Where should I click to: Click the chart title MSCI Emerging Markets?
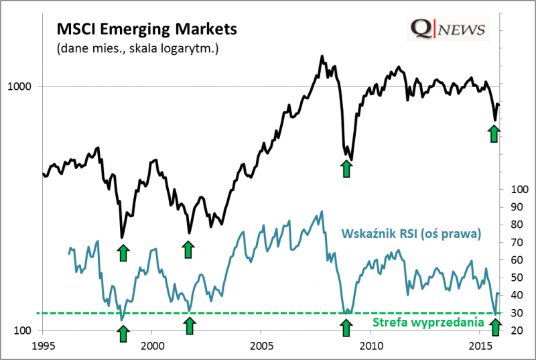(x=147, y=30)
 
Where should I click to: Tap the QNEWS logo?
(x=448, y=29)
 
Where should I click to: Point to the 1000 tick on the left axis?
(x=23, y=86)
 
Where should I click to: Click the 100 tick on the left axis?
(x=25, y=331)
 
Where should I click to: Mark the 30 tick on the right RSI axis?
(x=516, y=313)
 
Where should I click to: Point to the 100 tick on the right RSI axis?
(x=519, y=189)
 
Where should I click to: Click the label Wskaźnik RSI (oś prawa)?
(x=411, y=234)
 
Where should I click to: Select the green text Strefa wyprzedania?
(x=427, y=323)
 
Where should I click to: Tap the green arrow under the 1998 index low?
(x=123, y=252)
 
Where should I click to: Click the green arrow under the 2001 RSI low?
(x=190, y=326)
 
